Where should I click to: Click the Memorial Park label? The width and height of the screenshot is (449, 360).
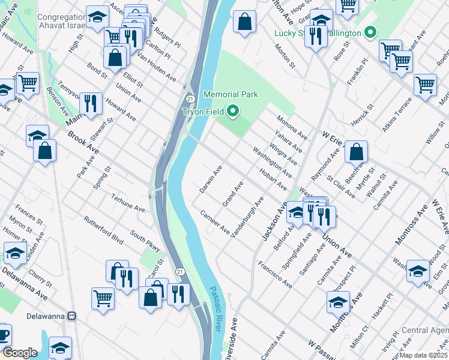[231, 94]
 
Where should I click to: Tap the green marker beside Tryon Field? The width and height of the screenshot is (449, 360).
[234, 111]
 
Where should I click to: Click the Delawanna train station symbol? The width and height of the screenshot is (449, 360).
[71, 315]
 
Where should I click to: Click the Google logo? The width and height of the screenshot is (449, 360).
[20, 353]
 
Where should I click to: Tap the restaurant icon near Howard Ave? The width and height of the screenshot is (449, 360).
[91, 103]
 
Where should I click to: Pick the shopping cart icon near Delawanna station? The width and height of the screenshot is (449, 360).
[103, 296]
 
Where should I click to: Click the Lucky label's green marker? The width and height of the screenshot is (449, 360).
[371, 32]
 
